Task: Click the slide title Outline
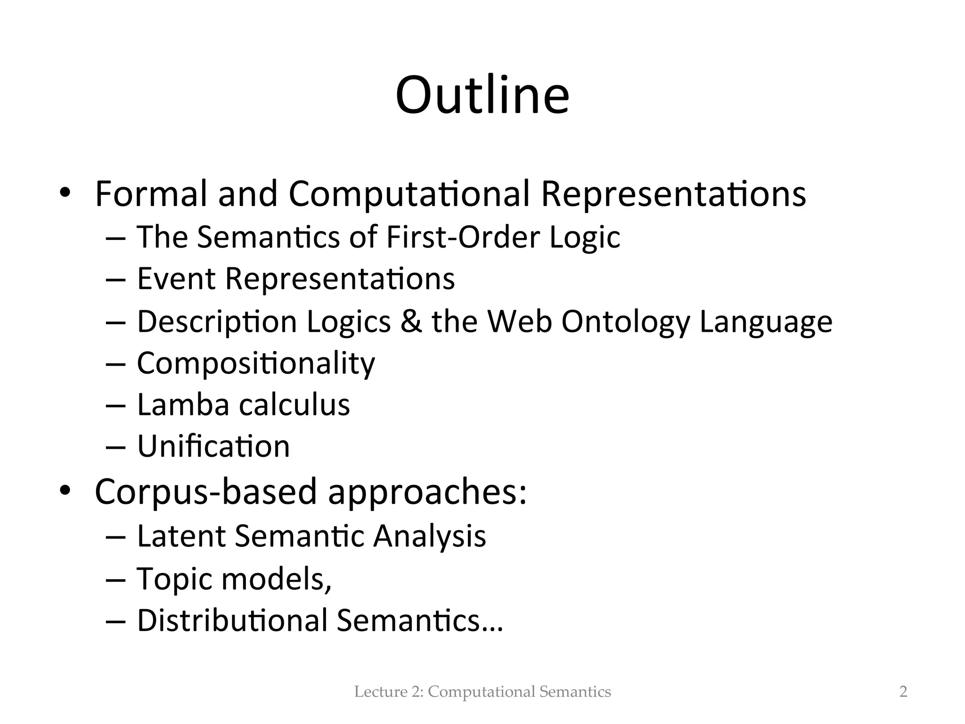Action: pyautogui.click(x=482, y=96)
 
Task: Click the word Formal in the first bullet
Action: pyautogui.click(x=151, y=194)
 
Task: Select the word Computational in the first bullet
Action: pyautogui.click(x=409, y=195)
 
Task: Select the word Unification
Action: pyautogui.click(x=213, y=446)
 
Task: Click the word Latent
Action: pyautogui.click(x=181, y=536)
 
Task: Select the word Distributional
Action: pyautogui.click(x=232, y=620)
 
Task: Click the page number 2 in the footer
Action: pyautogui.click(x=903, y=692)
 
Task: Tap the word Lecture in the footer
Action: pyautogui.click(x=374, y=692)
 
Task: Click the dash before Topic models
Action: pyautogui.click(x=116, y=579)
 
